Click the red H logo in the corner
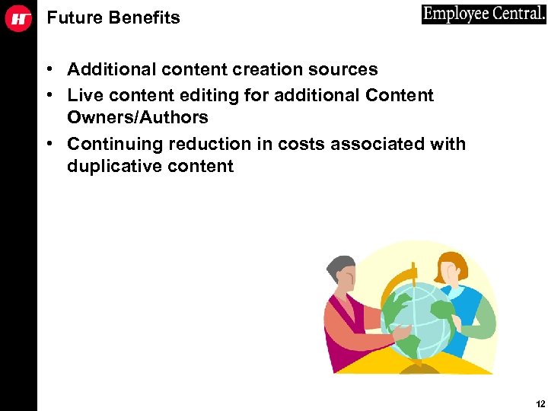pyautogui.click(x=18, y=18)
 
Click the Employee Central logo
pyautogui.click(x=483, y=14)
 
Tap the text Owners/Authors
pyautogui.click(x=138, y=118)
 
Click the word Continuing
pyautogui.click(x=115, y=145)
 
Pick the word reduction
pyautogui.click(x=209, y=145)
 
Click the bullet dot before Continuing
pyautogui.click(x=48, y=145)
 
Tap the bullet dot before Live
pyautogui.click(x=48, y=96)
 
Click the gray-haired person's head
pyautogui.click(x=340, y=270)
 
